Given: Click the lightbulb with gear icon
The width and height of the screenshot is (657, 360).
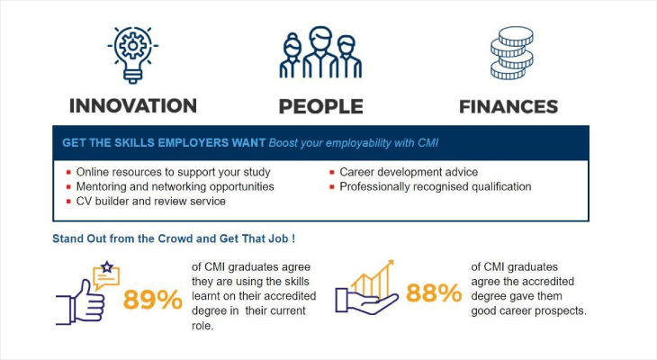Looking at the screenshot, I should pos(132,53).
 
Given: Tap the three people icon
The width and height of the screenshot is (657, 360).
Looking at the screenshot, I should pos(319,54).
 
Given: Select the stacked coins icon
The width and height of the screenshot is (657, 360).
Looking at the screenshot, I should pos(510,53).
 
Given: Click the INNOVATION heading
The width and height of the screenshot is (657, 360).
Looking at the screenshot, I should pos(133,105).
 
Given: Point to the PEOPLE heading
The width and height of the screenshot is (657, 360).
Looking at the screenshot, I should pos(320,106).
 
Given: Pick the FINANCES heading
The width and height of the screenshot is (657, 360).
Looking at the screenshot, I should pos(508,106).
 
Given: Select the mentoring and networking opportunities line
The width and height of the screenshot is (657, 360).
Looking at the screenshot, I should pos(175,186).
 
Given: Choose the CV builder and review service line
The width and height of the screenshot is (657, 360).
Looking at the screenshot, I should pos(150,201).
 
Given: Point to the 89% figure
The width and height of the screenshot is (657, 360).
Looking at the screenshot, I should pos(153,298).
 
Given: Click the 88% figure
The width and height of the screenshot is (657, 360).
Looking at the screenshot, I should pos(433,293).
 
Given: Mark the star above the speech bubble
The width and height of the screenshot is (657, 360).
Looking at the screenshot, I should pos(107,266).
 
